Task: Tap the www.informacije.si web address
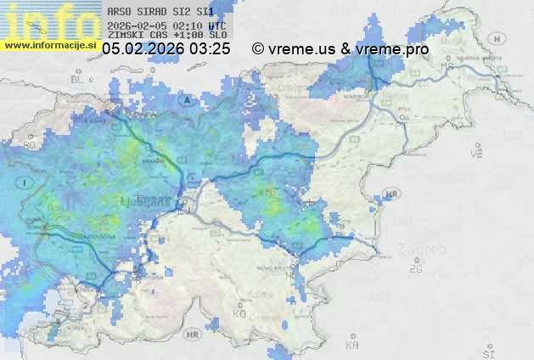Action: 50,45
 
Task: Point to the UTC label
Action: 216,25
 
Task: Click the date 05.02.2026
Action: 143,49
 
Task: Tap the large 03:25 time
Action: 210,49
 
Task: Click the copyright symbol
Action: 258,49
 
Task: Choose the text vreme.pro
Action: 392,49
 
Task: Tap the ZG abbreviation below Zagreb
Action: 415,269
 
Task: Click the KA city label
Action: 352,345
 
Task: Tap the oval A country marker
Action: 185,99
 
